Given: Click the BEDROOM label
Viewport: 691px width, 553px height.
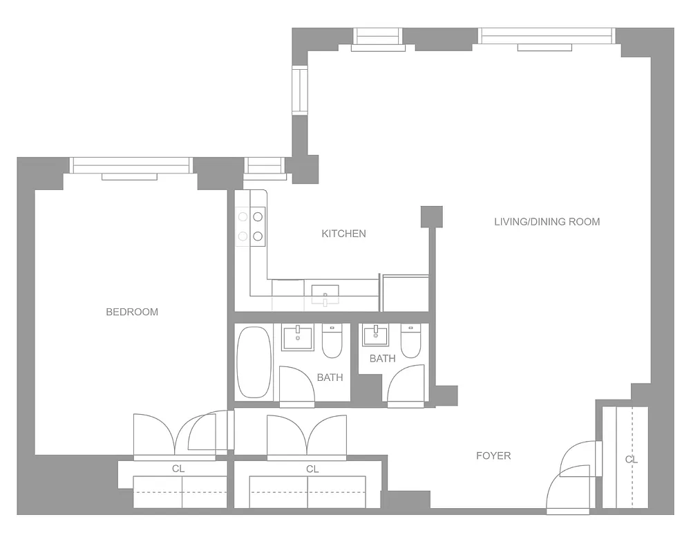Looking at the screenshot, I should coord(131,312).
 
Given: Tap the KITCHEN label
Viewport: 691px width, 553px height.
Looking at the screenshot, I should coord(343,234).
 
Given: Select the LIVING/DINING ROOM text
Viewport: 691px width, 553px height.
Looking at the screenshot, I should coord(547,222).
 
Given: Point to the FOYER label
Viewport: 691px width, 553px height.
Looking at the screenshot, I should coord(493,456).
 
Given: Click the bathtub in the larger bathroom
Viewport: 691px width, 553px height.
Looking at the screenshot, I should coord(254,362).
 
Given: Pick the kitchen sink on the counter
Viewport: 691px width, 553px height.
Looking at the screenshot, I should coord(324,294).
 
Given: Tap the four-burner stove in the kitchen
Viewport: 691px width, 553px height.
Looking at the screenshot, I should coord(251,226).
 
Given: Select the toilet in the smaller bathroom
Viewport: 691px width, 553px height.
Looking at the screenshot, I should coord(410,341).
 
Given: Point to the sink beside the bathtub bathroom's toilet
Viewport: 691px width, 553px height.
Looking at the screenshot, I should coord(298,336).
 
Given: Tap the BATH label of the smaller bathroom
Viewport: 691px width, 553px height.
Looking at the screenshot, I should coord(382,359).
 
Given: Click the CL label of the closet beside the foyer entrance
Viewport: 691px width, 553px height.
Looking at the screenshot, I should coord(630,460).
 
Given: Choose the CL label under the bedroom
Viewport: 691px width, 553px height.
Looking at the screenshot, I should coord(178,469).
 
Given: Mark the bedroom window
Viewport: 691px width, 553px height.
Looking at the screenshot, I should coord(130,166).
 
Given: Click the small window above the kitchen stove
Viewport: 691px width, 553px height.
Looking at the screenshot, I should coord(265,165).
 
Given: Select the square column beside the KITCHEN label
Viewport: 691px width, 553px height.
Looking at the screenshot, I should coord(432,216).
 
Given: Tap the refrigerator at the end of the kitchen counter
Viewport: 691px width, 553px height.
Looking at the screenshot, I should coord(406,294).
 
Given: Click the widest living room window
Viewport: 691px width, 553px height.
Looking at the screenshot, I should coord(546,36).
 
